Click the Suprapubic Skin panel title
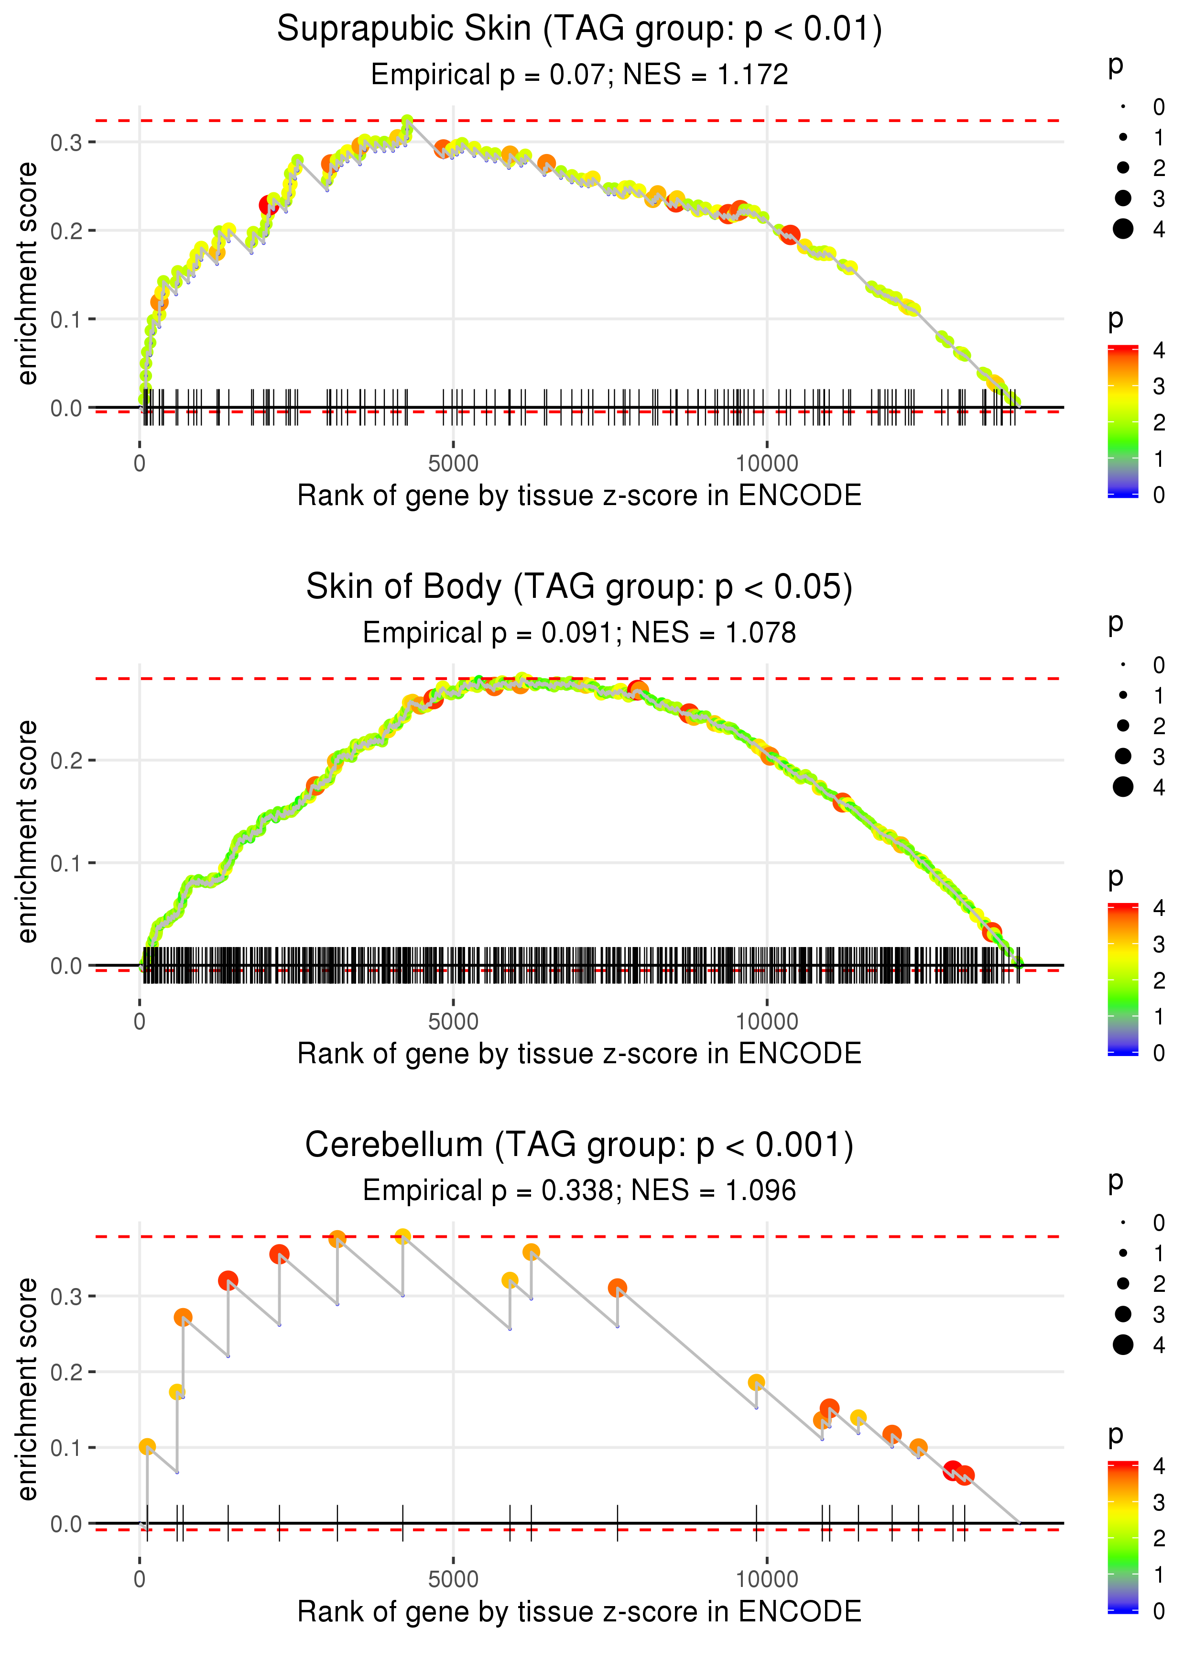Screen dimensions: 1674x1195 click(x=579, y=30)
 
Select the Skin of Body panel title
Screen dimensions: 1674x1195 click(x=579, y=587)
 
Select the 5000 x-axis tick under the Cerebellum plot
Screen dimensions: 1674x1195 click(x=453, y=1579)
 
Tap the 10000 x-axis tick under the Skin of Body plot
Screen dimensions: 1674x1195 click(x=767, y=1021)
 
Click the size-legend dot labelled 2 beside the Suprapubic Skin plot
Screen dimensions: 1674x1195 click(x=1123, y=168)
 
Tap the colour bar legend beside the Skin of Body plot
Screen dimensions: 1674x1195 click(x=1123, y=979)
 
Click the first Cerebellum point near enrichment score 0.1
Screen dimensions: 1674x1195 click(x=147, y=1446)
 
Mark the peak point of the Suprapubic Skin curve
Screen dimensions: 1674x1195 click(x=407, y=121)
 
